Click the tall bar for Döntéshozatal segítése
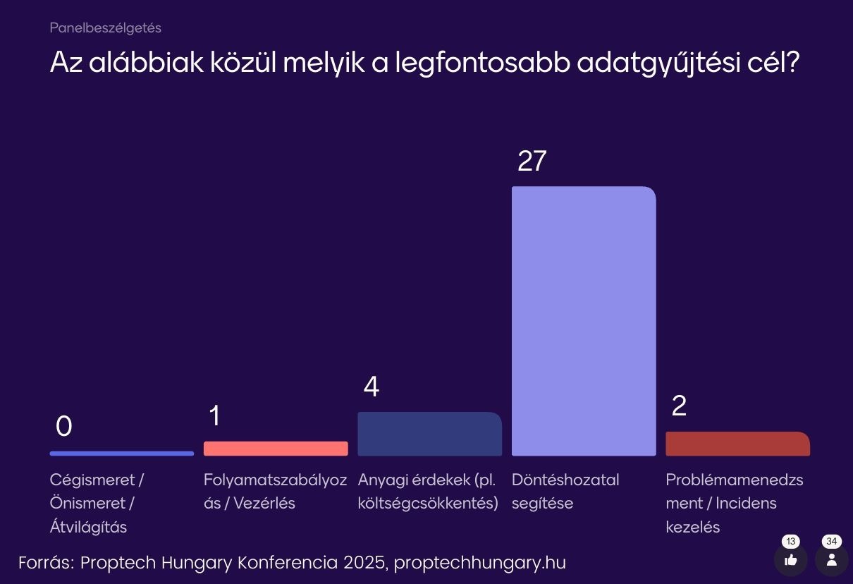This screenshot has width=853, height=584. coord(584,321)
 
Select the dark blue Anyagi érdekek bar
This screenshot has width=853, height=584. coord(429,434)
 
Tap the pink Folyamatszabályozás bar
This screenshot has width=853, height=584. coord(276,449)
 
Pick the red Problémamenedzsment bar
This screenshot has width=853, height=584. coord(737,444)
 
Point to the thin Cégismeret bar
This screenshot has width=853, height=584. coord(121,454)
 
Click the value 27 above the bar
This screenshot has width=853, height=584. coord(532,162)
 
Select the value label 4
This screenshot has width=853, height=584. coord(372,387)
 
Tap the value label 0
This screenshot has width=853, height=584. coord(63,426)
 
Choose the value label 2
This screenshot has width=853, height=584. coord(679,406)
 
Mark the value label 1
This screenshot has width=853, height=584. coord(214,416)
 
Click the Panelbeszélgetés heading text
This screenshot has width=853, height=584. coord(106,28)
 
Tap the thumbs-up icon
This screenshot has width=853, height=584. coord(790,560)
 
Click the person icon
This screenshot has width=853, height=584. coord(832,560)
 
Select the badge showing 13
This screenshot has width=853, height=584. coord(791,542)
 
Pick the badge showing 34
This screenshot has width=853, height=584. coord(832,542)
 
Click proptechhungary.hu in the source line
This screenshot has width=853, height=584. coord(479,563)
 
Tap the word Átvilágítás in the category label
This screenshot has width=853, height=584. coord(88,527)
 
